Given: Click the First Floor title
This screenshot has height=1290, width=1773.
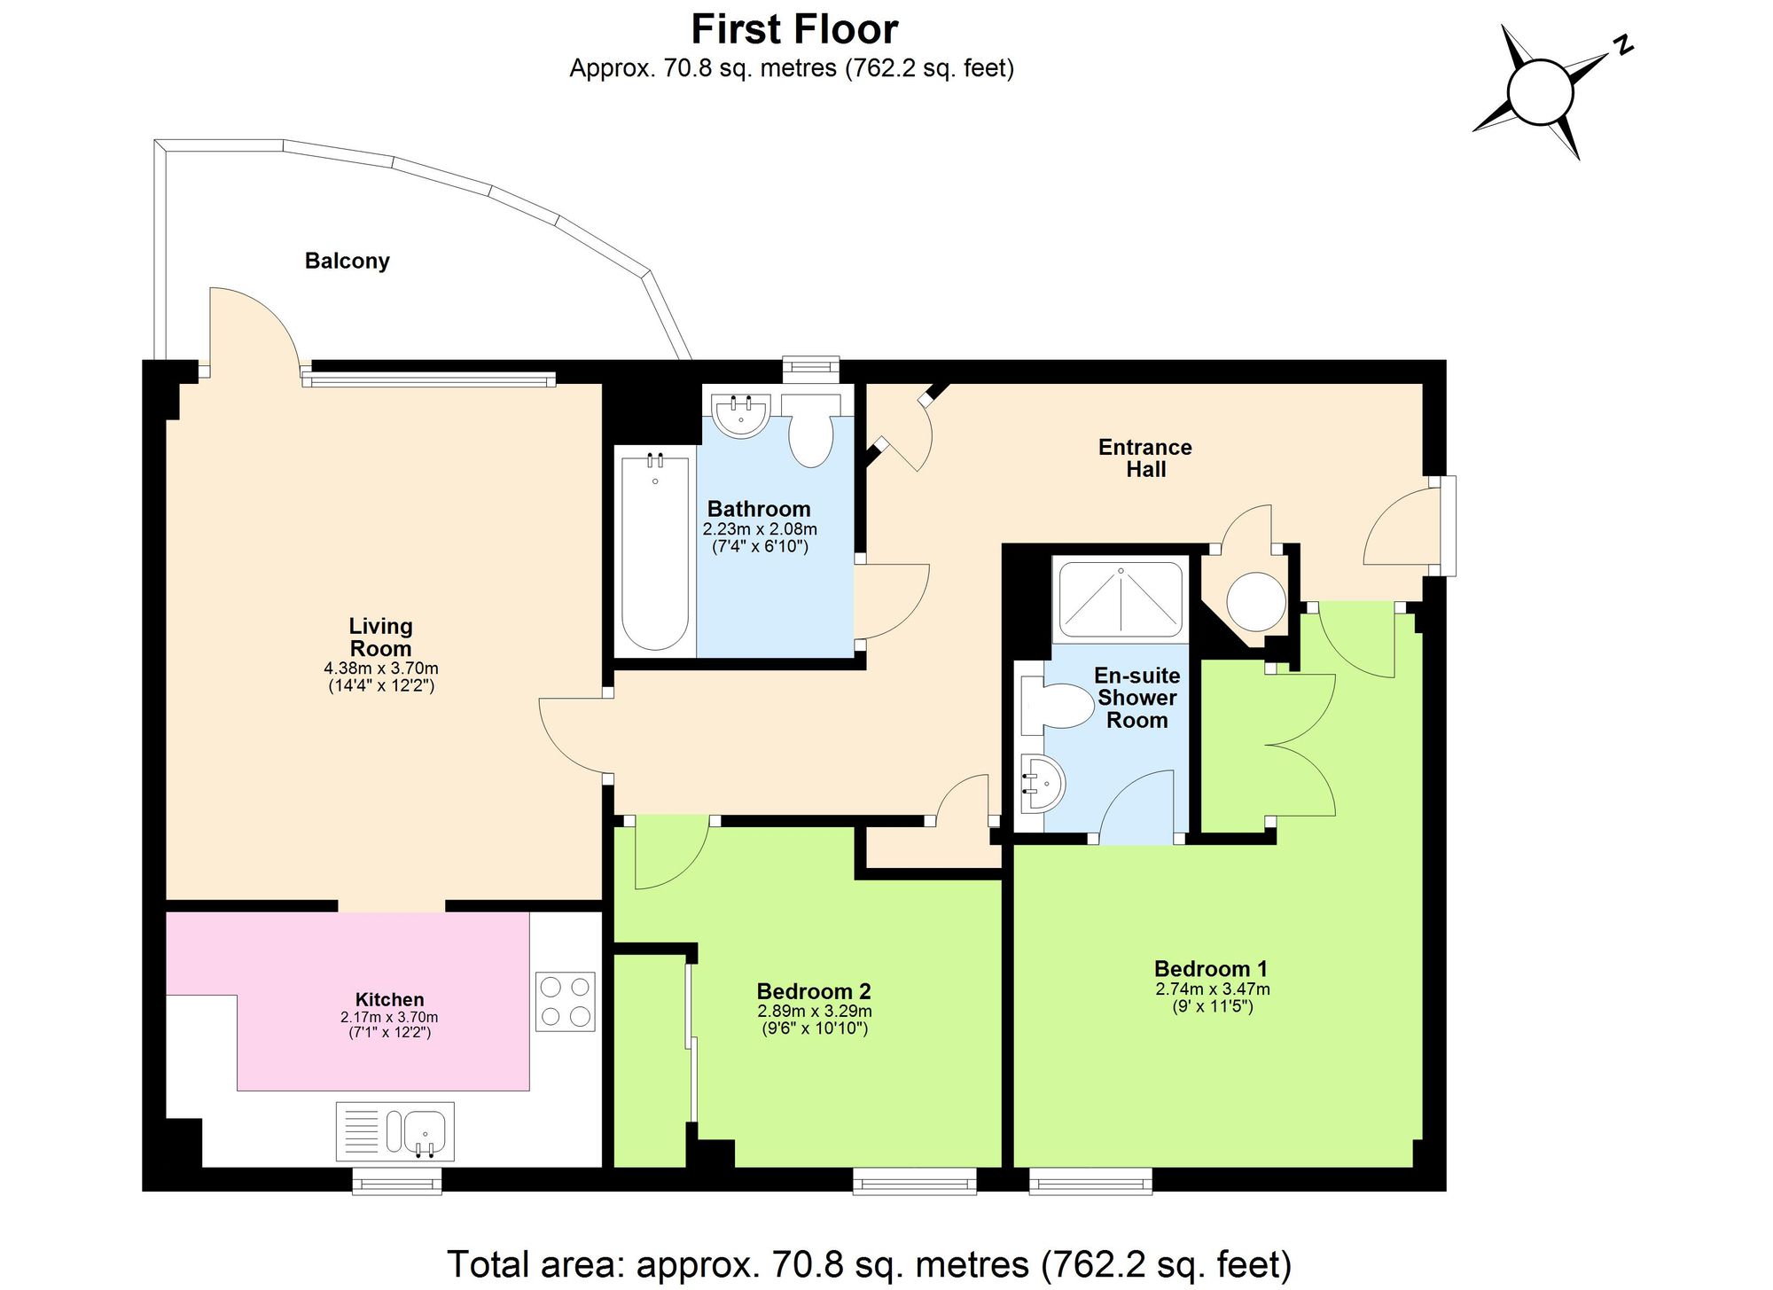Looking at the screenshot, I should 794,29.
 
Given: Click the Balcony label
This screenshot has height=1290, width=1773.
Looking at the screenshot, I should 347,261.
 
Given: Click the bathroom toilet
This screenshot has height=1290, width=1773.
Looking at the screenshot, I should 810,433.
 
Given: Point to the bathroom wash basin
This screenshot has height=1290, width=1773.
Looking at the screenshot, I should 741,415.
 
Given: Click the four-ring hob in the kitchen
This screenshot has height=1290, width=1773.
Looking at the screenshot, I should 565,1001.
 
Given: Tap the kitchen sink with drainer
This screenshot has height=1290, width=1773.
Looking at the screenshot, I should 395,1131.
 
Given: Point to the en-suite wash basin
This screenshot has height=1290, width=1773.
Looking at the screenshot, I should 1041,783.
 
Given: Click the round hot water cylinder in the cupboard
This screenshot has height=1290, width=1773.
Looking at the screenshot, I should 1255,601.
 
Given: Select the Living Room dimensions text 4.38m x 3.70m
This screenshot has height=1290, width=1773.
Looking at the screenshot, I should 381,668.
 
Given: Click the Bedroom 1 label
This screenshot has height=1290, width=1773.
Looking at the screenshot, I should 1210,968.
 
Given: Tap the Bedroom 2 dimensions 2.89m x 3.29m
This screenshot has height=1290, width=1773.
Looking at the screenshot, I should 814,1011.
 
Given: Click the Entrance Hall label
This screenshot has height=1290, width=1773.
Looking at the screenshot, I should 1144,458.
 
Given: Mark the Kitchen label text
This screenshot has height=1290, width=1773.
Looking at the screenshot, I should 389,999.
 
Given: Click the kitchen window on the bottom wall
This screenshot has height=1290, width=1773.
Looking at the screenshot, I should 397,1181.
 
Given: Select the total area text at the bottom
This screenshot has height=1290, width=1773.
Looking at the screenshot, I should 869,1264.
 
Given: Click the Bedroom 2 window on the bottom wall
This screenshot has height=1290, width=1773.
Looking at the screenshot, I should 914,1181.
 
